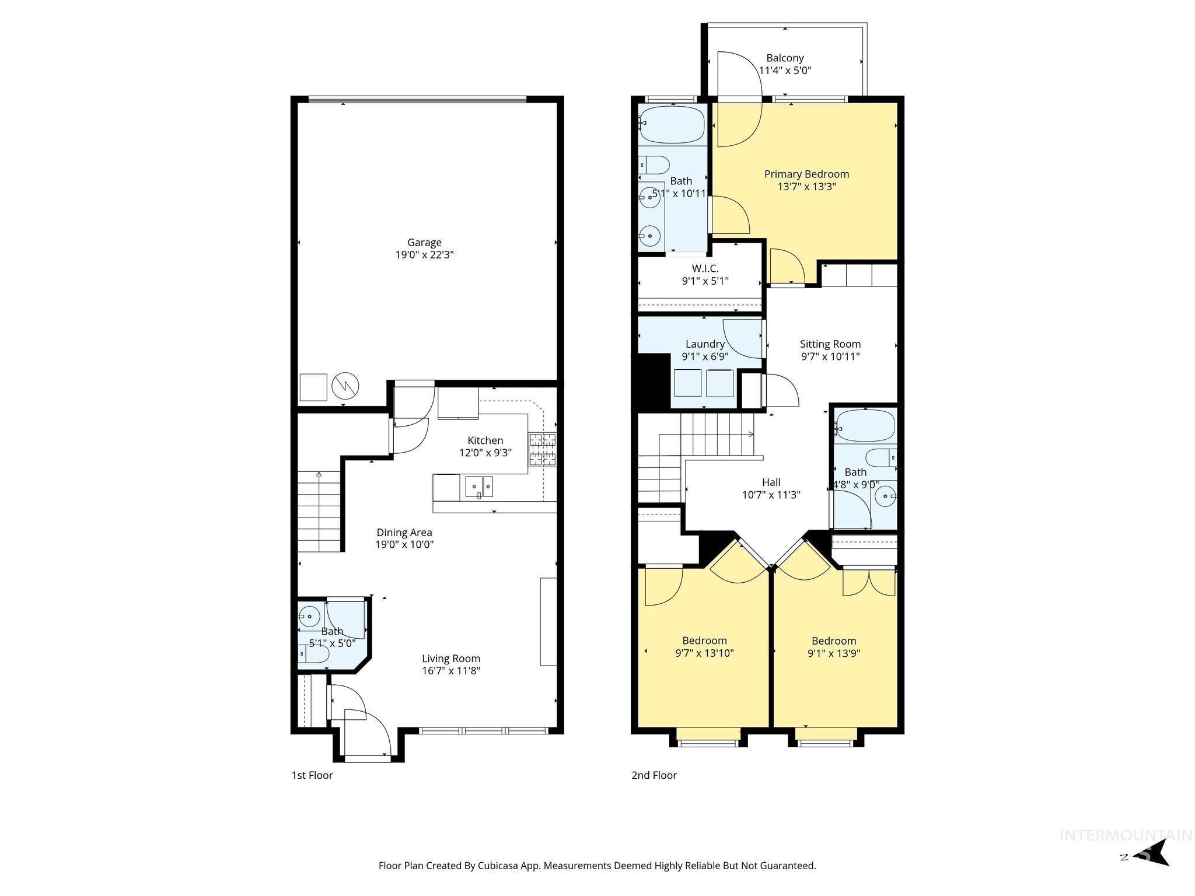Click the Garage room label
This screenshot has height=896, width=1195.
pyautogui.click(x=424, y=242)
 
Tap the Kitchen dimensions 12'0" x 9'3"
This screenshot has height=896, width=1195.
pyautogui.click(x=485, y=452)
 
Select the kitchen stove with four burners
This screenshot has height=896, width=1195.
pyautogui.click(x=543, y=449)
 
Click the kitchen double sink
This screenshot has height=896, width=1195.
pyautogui.click(x=479, y=486)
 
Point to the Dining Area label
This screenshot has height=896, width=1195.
pyautogui.click(x=404, y=532)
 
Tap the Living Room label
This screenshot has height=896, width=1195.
pyautogui.click(x=451, y=659)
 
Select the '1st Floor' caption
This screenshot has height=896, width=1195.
pyautogui.click(x=312, y=775)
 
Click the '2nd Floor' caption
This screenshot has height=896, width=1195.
pyautogui.click(x=654, y=775)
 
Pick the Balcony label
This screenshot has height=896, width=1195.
pyautogui.click(x=785, y=58)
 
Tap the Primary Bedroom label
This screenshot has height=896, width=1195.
pyautogui.click(x=806, y=174)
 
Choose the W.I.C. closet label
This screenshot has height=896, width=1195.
pyautogui.click(x=705, y=268)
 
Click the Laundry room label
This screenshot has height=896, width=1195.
pyautogui.click(x=705, y=344)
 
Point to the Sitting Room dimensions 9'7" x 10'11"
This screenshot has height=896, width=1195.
pyautogui.click(x=830, y=356)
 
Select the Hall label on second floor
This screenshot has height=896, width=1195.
pyautogui.click(x=771, y=482)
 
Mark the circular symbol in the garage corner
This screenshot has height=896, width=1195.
pyautogui.click(x=345, y=386)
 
